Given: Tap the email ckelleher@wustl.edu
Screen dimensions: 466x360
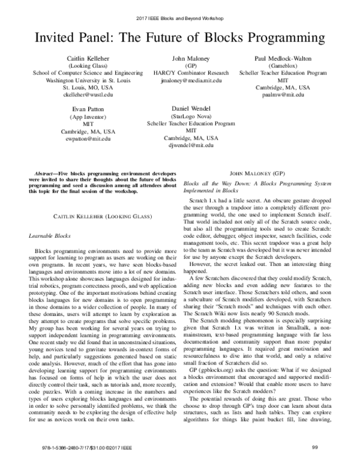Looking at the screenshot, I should click(x=88, y=95).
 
